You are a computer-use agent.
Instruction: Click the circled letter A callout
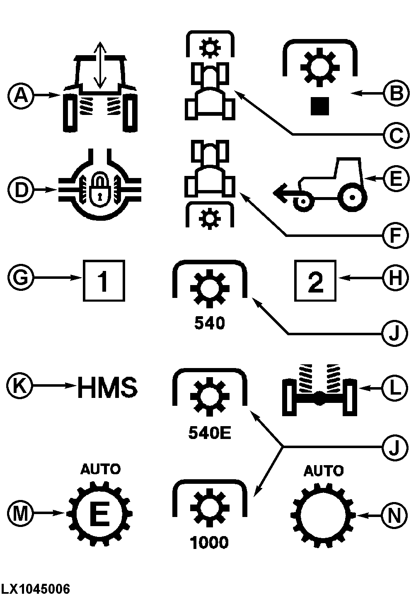[x=21, y=95]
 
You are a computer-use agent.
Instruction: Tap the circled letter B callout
[x=397, y=93]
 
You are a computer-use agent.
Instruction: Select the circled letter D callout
[x=21, y=190]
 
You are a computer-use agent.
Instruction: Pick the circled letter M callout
[x=20, y=513]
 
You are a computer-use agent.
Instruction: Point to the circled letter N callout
[x=394, y=516]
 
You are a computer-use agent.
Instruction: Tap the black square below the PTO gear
[x=320, y=106]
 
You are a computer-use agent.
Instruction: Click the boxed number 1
[x=104, y=281]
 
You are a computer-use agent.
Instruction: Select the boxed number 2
[x=315, y=281]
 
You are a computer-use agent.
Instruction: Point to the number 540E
[x=210, y=433]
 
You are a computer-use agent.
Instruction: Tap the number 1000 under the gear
[x=209, y=542]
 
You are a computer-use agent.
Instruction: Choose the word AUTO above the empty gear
[x=324, y=471]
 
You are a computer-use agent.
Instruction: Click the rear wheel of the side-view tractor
[x=353, y=198]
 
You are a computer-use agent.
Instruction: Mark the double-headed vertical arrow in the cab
[x=100, y=65]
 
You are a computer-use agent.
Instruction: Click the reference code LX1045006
[x=35, y=589]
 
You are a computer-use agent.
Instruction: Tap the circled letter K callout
[x=19, y=385]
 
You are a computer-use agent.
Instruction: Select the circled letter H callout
[x=395, y=278]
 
